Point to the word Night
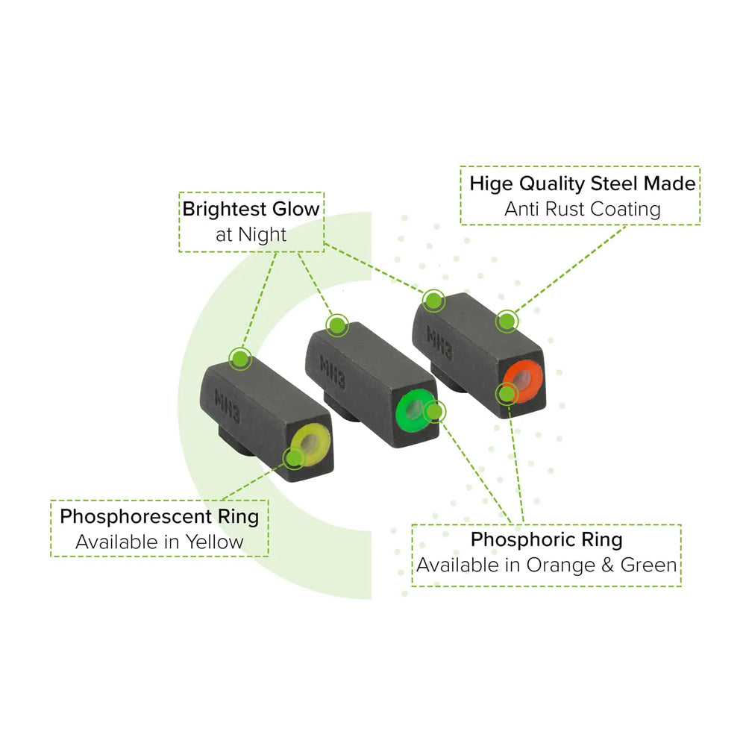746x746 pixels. (x=262, y=234)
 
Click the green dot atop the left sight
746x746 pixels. (x=239, y=359)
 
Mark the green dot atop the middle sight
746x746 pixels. (x=336, y=325)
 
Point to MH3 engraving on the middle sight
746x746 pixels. (x=331, y=370)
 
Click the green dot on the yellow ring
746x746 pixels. (x=293, y=457)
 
